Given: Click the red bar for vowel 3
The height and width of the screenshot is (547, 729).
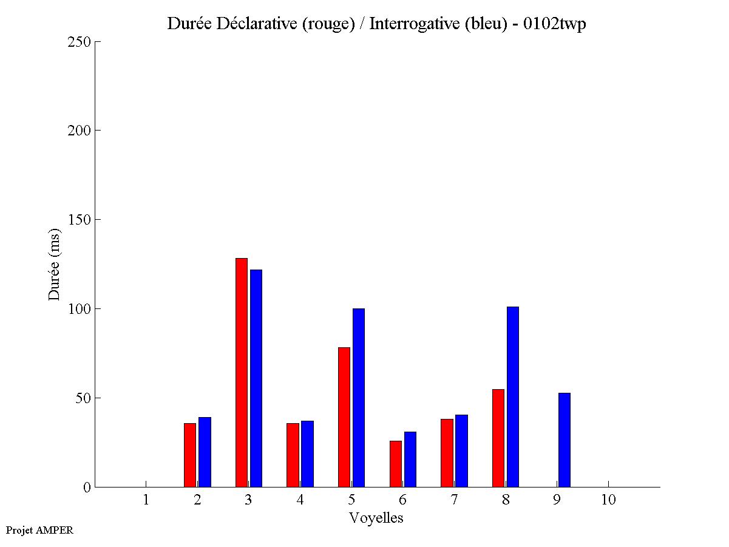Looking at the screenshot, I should (x=241, y=372).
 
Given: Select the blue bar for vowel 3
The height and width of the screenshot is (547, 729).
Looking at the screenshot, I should (x=256, y=378).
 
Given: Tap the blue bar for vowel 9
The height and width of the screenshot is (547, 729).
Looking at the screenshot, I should (x=565, y=440).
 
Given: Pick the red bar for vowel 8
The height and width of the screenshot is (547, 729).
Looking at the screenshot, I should (x=498, y=438).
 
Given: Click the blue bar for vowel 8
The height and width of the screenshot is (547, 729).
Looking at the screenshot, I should (x=513, y=396).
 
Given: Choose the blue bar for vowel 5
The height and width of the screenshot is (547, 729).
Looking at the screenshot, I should (x=359, y=398).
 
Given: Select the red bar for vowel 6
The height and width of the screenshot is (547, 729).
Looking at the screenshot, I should (x=396, y=463).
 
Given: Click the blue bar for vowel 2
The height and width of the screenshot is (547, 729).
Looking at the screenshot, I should (x=205, y=452).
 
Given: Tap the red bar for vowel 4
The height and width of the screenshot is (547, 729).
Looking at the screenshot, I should (x=293, y=455).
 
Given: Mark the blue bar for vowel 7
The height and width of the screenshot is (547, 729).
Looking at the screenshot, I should (x=461, y=450).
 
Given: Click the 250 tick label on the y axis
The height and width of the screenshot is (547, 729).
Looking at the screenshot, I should (x=80, y=42).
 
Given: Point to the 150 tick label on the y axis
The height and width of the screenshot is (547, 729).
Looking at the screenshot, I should (x=80, y=220).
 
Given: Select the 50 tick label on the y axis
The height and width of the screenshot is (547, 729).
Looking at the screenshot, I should (x=83, y=398).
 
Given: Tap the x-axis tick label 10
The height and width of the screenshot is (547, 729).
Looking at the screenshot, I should (x=608, y=500).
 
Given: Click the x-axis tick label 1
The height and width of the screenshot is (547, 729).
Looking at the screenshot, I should (x=146, y=500).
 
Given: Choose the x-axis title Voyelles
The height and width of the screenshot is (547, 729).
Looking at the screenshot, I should (x=376, y=518).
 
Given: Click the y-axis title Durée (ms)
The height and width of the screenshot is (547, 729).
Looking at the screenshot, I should (x=55, y=264).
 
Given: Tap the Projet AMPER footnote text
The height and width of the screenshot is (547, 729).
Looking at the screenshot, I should (x=39, y=530).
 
